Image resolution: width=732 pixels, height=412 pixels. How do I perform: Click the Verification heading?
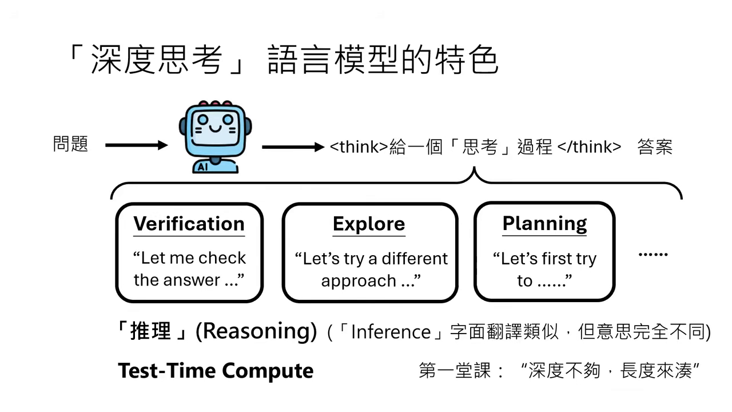click(189, 224)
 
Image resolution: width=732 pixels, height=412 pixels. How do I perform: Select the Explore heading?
click(369, 224)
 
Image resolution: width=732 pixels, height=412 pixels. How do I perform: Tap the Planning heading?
click(544, 223)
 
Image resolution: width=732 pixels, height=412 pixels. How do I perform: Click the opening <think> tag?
click(359, 147)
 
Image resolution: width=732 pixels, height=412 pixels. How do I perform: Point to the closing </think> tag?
click(589, 147)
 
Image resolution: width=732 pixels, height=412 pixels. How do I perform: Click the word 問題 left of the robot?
click(71, 144)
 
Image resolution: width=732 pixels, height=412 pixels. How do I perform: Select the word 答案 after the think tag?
click(655, 147)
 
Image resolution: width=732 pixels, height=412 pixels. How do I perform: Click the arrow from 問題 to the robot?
click(137, 145)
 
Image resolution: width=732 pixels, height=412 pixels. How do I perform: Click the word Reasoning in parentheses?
click(256, 331)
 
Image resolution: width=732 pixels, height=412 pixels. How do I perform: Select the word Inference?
click(391, 332)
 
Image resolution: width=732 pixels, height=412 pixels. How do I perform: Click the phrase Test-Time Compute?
click(216, 371)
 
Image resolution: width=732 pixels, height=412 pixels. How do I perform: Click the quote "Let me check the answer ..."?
click(189, 269)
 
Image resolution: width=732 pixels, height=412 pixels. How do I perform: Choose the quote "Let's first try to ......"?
click(544, 270)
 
